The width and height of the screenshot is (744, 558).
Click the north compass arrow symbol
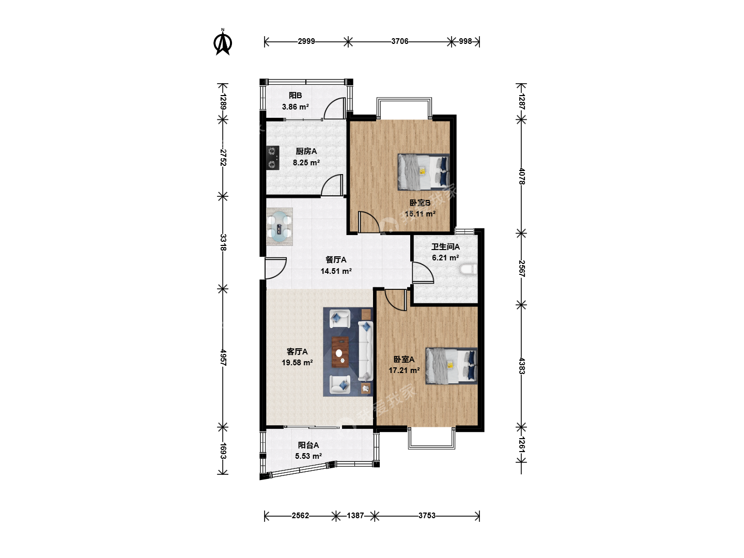(x=223, y=42)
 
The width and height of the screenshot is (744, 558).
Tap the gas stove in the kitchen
(x=272, y=158)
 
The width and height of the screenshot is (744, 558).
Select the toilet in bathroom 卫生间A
(x=468, y=269)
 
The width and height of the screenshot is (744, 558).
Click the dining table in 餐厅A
(x=280, y=227)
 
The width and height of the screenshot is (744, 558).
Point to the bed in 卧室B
(x=423, y=172)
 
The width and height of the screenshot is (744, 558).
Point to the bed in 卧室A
(x=451, y=366)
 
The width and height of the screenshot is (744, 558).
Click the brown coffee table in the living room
(x=340, y=352)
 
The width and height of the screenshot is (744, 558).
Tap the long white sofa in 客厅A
(x=365, y=351)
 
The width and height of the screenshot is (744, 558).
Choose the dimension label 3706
(x=399, y=41)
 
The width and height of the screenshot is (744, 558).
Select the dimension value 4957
(x=223, y=358)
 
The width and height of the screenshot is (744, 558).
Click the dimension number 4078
(x=522, y=176)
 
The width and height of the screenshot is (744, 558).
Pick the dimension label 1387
(x=355, y=516)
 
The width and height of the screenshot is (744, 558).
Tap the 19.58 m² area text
(x=297, y=363)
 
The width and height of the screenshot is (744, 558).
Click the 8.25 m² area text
(x=306, y=163)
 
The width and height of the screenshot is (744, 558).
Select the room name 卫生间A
(x=445, y=247)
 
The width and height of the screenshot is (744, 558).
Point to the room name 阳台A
(x=308, y=445)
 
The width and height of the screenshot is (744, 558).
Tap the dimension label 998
(x=466, y=41)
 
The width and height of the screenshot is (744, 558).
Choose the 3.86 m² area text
(x=295, y=107)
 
